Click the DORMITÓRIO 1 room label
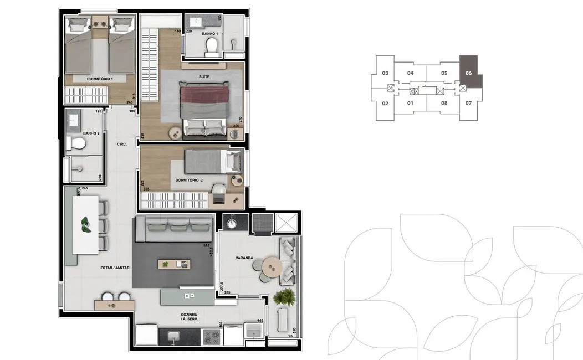[x=100, y=79]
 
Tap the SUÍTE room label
[x=204, y=76]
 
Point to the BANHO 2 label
[x=90, y=133]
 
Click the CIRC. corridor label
[x=122, y=145]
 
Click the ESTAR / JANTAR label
[x=115, y=268]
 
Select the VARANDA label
[x=244, y=258]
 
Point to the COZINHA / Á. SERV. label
[x=190, y=317]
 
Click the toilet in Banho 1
[x=211, y=50]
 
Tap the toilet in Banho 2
[x=75, y=144]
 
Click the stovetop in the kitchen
[x=211, y=335]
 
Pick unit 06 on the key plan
[x=469, y=73]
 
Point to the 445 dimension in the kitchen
[x=259, y=320]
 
